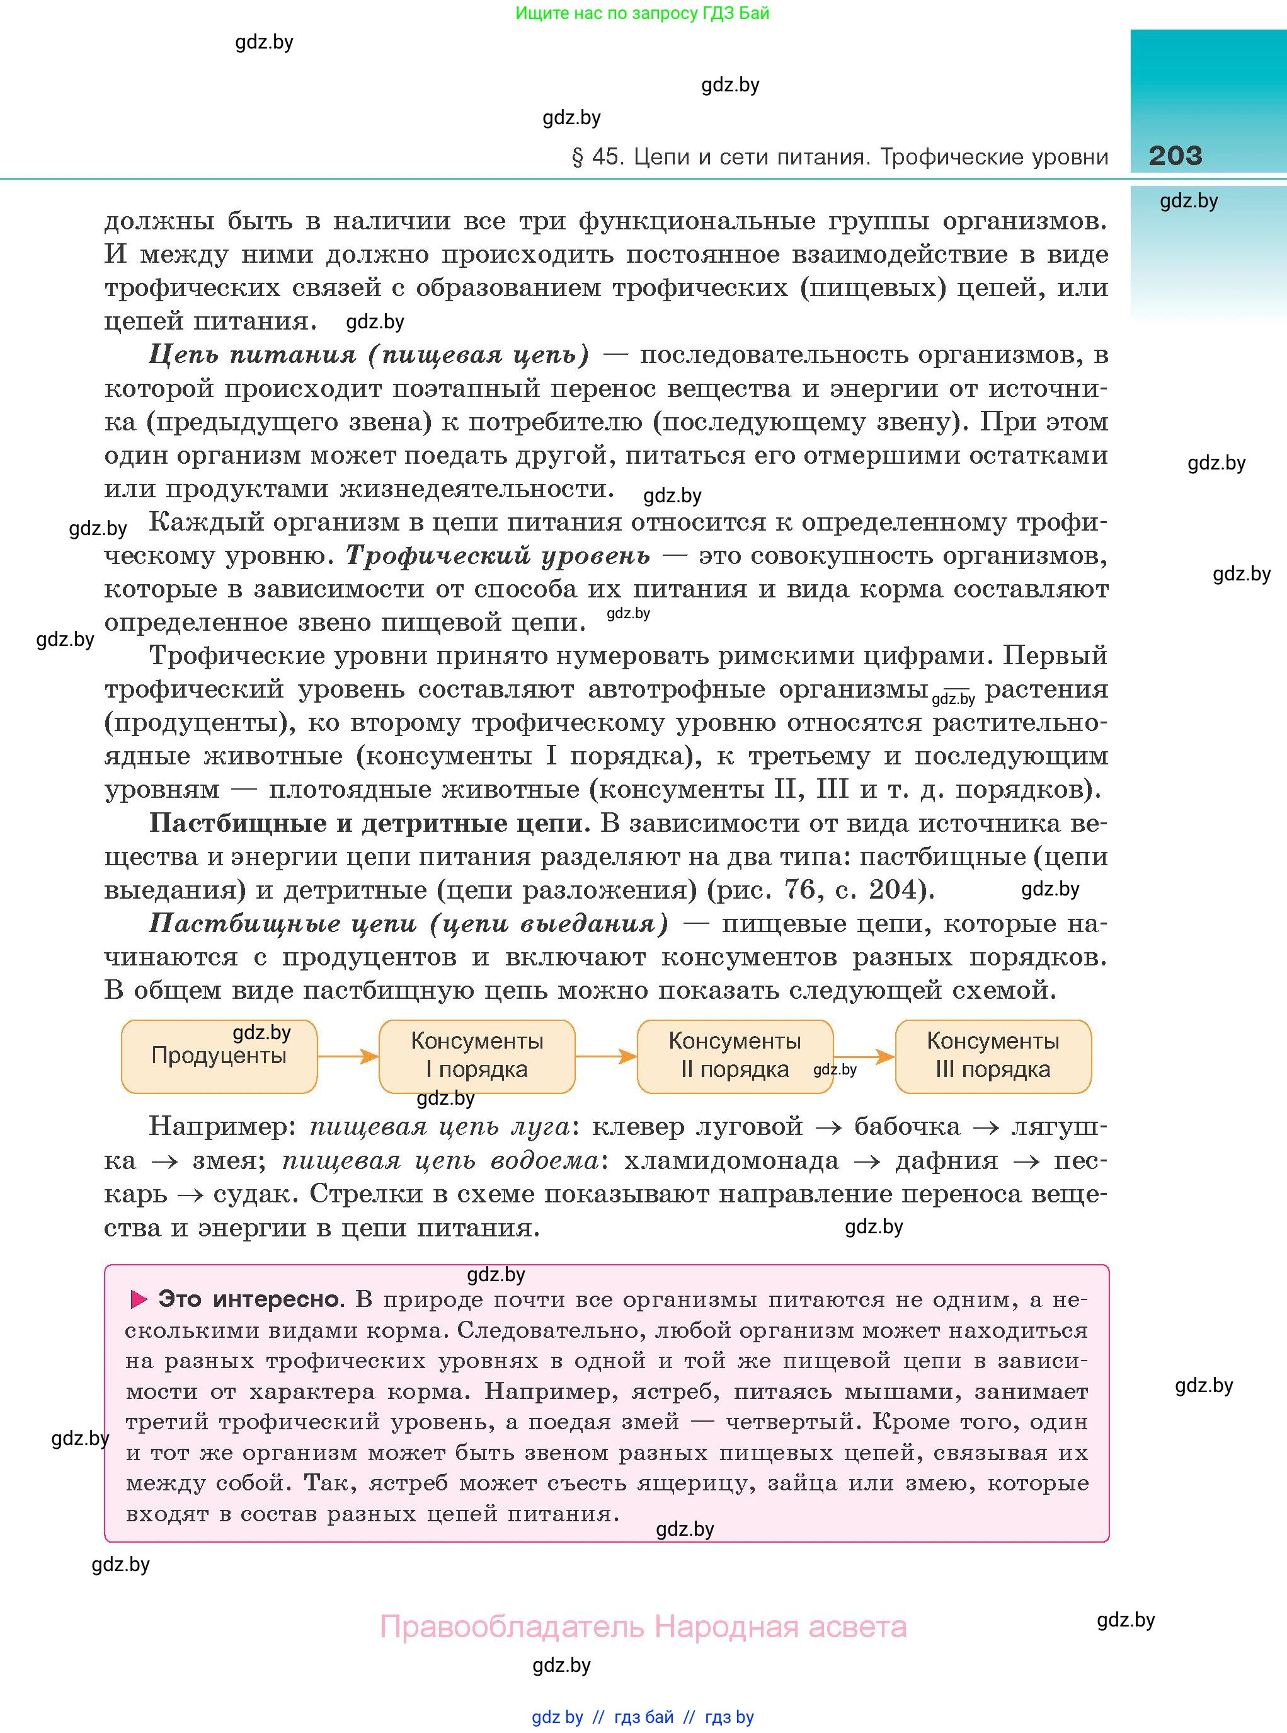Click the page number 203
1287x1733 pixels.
(1175, 156)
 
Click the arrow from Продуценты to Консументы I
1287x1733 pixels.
(348, 1057)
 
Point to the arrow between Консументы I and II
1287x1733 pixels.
(605, 1057)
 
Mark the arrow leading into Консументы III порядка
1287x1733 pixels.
(865, 1057)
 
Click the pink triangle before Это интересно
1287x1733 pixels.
(139, 1299)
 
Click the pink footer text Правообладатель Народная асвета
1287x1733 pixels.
(643, 1626)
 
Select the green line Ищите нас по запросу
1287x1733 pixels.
(642, 13)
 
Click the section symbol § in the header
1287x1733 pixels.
(577, 158)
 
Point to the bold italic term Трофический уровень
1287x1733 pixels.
(498, 556)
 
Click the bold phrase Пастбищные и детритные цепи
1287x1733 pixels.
(366, 823)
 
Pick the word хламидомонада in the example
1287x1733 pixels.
(731, 1160)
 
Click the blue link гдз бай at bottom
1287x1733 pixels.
(644, 1717)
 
